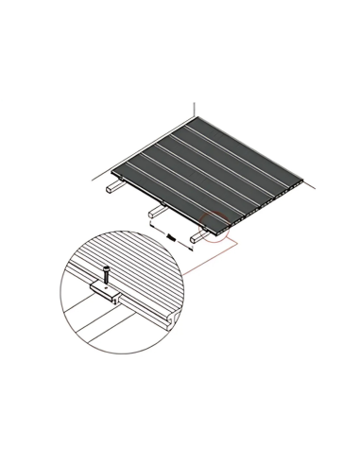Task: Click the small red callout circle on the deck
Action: (x=215, y=228)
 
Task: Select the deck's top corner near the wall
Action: (x=198, y=118)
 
